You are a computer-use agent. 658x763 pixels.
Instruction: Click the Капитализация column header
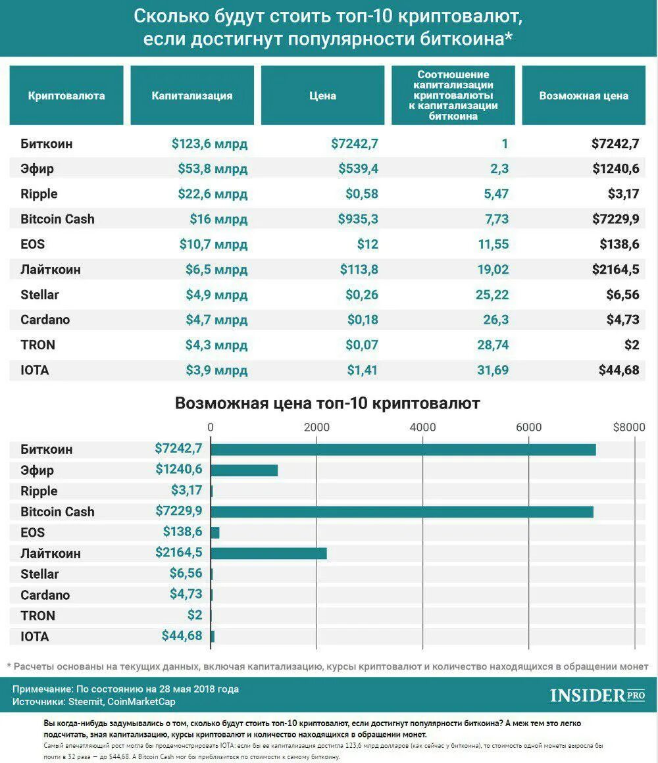[x=192, y=95]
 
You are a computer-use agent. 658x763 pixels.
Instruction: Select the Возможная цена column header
[x=584, y=95]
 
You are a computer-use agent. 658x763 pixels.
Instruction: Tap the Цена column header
[x=322, y=95]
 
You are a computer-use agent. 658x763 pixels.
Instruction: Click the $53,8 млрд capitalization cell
[x=213, y=169]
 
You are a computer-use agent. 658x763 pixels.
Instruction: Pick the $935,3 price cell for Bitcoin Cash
[x=358, y=219]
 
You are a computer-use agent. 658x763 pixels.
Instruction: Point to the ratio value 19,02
[x=492, y=269]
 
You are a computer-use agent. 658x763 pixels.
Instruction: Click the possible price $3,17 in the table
[x=623, y=194]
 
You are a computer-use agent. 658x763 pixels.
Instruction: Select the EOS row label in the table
[x=33, y=244]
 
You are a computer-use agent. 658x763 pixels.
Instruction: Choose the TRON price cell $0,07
[x=363, y=345]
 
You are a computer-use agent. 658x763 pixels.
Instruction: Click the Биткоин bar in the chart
[x=403, y=449]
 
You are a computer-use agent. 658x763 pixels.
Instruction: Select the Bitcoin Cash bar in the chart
[x=401, y=512]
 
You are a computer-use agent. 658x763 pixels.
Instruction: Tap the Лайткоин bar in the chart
[x=268, y=553]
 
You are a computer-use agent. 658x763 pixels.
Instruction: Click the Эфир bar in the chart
[x=244, y=470]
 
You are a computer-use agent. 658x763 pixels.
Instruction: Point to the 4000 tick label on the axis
[x=422, y=428]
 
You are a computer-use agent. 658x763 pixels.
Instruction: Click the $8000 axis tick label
[x=629, y=428]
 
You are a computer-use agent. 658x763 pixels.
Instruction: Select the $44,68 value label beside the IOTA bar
[x=182, y=636]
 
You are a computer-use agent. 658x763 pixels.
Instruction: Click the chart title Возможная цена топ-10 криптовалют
[x=328, y=403]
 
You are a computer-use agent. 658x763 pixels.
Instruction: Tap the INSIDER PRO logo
[x=597, y=695]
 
